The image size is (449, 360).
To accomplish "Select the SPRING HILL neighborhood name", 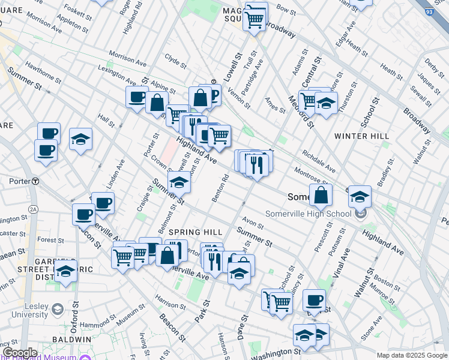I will pyautogui.click(x=196, y=232).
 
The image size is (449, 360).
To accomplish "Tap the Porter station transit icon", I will pyautogui.click(x=36, y=181).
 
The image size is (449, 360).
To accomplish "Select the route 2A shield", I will pyautogui.click(x=34, y=209).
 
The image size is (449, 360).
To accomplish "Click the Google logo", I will pyautogui.click(x=20, y=352).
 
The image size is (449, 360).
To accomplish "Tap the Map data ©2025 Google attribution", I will pyautogui.click(x=412, y=355).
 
